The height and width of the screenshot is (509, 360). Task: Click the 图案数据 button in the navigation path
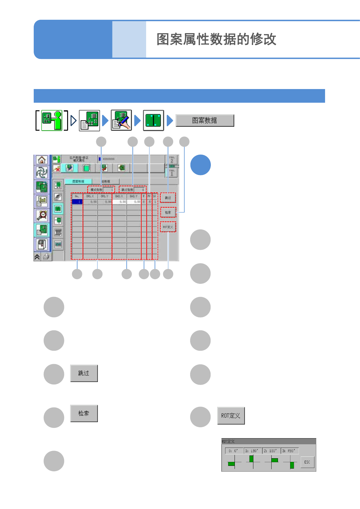click(205, 120)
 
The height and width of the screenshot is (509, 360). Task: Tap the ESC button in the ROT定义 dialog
click(307, 462)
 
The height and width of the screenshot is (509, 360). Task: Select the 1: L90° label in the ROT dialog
click(252, 451)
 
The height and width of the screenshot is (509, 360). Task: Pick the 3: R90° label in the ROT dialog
click(290, 451)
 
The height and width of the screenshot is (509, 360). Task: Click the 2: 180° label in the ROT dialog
click(271, 451)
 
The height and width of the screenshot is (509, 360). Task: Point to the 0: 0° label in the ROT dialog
click(234, 451)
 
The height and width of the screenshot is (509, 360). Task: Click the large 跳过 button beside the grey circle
click(84, 373)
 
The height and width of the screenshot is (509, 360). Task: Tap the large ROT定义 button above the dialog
click(231, 415)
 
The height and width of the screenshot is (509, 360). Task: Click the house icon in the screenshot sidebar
click(42, 160)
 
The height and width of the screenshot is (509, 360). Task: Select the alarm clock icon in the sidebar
click(42, 215)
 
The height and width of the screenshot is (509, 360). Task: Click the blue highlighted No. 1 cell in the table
click(77, 202)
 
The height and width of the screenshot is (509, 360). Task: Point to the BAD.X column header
click(119, 196)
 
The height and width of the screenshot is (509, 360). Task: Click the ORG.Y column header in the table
click(105, 196)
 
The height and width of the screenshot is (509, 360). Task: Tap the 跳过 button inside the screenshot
click(168, 198)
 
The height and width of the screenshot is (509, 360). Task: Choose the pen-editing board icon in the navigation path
click(121, 120)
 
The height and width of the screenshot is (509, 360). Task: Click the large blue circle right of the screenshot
click(201, 165)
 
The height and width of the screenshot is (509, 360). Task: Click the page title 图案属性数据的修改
click(216, 39)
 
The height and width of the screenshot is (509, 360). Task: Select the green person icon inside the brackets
click(52, 120)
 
